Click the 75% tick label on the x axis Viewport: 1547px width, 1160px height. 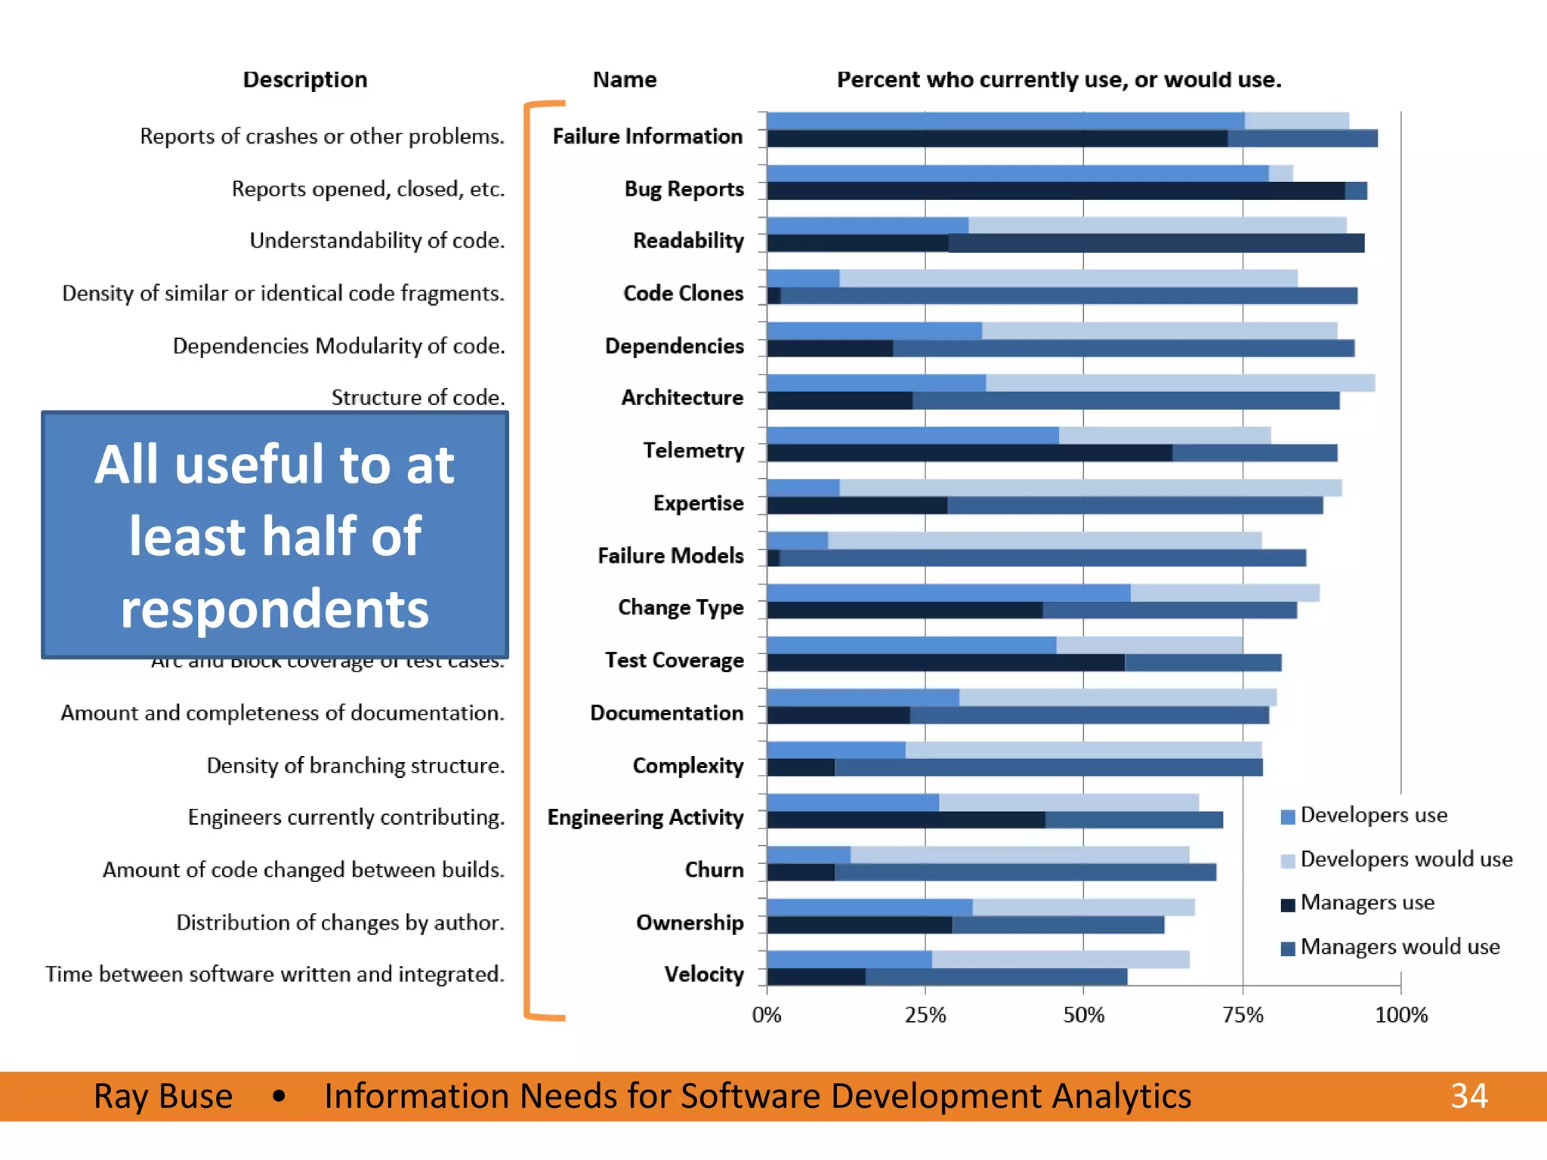click(1243, 1014)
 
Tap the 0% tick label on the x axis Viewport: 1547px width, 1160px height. click(766, 1014)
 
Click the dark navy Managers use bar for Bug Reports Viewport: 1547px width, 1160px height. click(1055, 191)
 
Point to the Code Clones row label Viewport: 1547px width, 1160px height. click(683, 293)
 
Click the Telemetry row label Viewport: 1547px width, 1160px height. click(693, 450)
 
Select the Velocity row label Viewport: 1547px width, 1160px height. click(703, 974)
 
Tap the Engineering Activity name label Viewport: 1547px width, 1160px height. click(645, 817)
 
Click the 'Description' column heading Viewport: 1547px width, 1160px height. click(305, 79)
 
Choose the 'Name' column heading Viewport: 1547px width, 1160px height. click(624, 79)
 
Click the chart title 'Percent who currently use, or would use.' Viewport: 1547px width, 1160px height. click(1058, 79)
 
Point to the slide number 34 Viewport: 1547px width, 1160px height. click(1468, 1096)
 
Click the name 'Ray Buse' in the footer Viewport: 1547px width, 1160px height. click(162, 1096)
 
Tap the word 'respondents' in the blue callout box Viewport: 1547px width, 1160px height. click(275, 609)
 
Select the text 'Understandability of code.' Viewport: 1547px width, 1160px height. click(377, 240)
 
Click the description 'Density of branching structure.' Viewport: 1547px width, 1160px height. click(355, 765)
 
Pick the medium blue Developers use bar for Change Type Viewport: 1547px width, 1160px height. click(948, 593)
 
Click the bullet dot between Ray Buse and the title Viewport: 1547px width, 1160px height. click(279, 1096)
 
